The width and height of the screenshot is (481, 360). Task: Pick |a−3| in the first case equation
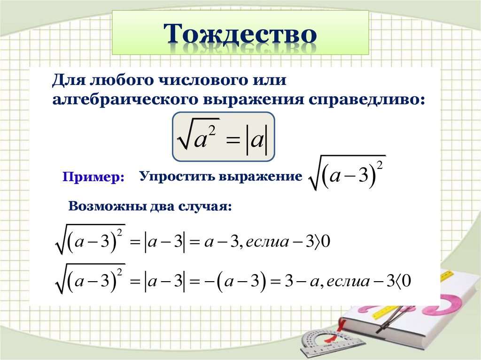pyautogui.click(x=164, y=242)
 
